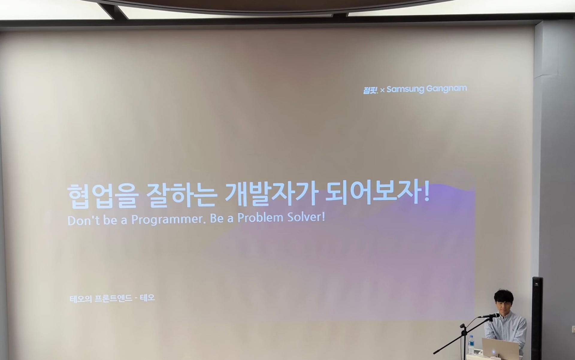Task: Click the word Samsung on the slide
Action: click(405, 89)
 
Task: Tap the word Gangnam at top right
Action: click(447, 89)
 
